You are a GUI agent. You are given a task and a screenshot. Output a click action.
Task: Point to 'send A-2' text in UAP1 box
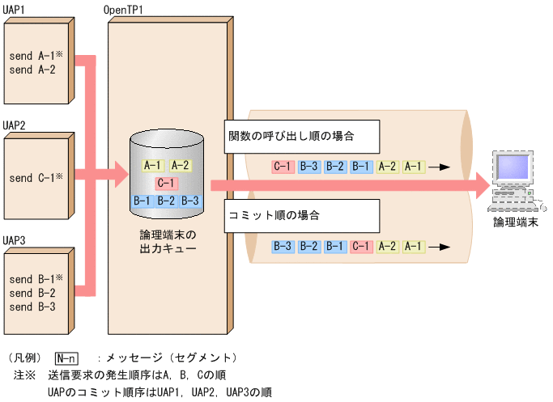(x=32, y=70)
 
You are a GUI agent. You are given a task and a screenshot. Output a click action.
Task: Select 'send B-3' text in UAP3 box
(x=32, y=307)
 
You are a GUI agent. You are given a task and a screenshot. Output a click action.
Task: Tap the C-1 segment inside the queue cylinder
(x=167, y=183)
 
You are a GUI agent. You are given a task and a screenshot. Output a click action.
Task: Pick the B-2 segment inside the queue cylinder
(x=167, y=201)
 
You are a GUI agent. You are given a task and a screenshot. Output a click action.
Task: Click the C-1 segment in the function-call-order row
(x=283, y=167)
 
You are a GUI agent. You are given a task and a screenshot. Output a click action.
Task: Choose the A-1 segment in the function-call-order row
(x=412, y=167)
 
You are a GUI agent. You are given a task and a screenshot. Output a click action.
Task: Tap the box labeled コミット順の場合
(x=300, y=216)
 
